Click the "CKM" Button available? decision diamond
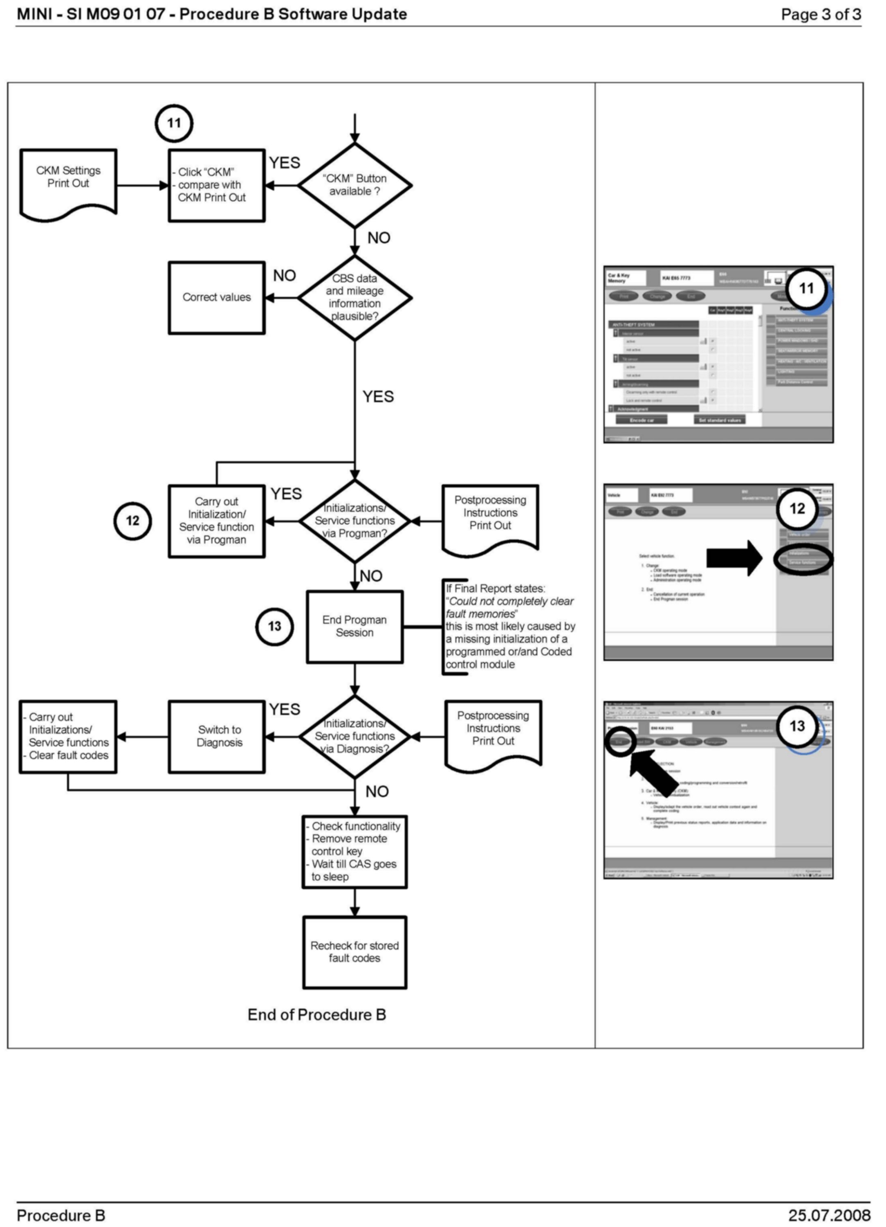[355, 185]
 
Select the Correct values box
[216, 298]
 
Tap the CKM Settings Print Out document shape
[68, 184]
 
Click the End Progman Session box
[355, 627]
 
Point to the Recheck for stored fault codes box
[355, 952]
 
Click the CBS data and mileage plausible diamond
[355, 298]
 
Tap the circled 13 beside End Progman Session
[274, 627]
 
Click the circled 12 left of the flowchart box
[132, 521]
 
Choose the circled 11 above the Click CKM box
[174, 124]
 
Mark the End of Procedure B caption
[317, 1015]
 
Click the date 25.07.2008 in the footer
[829, 1215]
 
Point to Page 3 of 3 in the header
[821, 15]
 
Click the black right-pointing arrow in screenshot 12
[733, 558]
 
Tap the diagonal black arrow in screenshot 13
[654, 771]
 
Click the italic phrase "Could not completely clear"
[511, 602]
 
